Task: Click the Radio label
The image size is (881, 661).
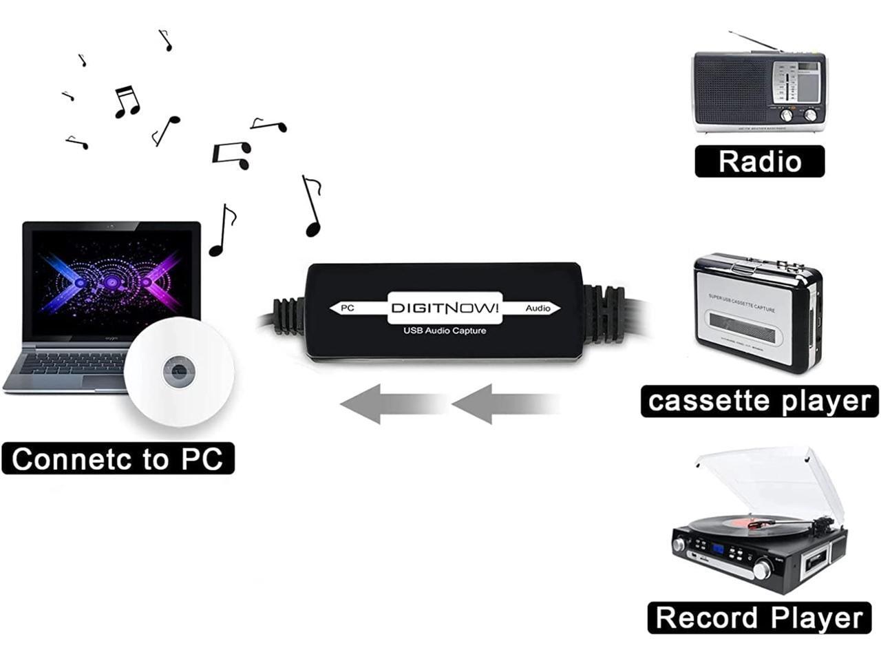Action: pos(759,162)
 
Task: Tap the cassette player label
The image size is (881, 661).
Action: pos(759,401)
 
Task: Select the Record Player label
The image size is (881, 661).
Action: pos(759,618)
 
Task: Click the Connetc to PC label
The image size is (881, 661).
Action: pos(118,459)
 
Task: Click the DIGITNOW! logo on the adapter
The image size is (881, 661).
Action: pos(445,308)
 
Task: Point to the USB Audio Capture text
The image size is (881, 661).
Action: pos(445,331)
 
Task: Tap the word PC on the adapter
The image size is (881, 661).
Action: pos(348,308)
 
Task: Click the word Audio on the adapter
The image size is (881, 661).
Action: pos(538,308)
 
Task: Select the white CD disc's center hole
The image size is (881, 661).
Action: pos(179,373)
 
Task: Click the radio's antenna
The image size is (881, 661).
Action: pos(754,41)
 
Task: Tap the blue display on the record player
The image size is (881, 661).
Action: pos(719,549)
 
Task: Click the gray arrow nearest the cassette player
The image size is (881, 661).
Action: pos(506,403)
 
